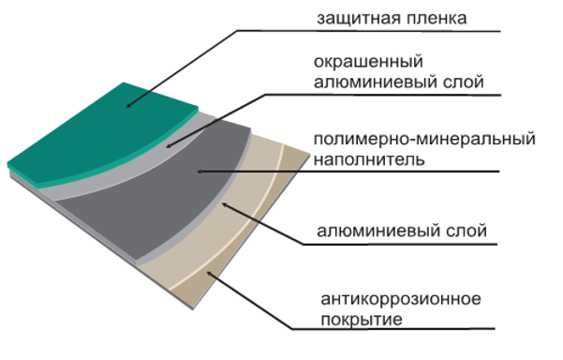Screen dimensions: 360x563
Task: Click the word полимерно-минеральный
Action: (424, 141)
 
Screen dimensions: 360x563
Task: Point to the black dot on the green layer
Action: (128, 105)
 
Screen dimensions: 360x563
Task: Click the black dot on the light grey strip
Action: (169, 146)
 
